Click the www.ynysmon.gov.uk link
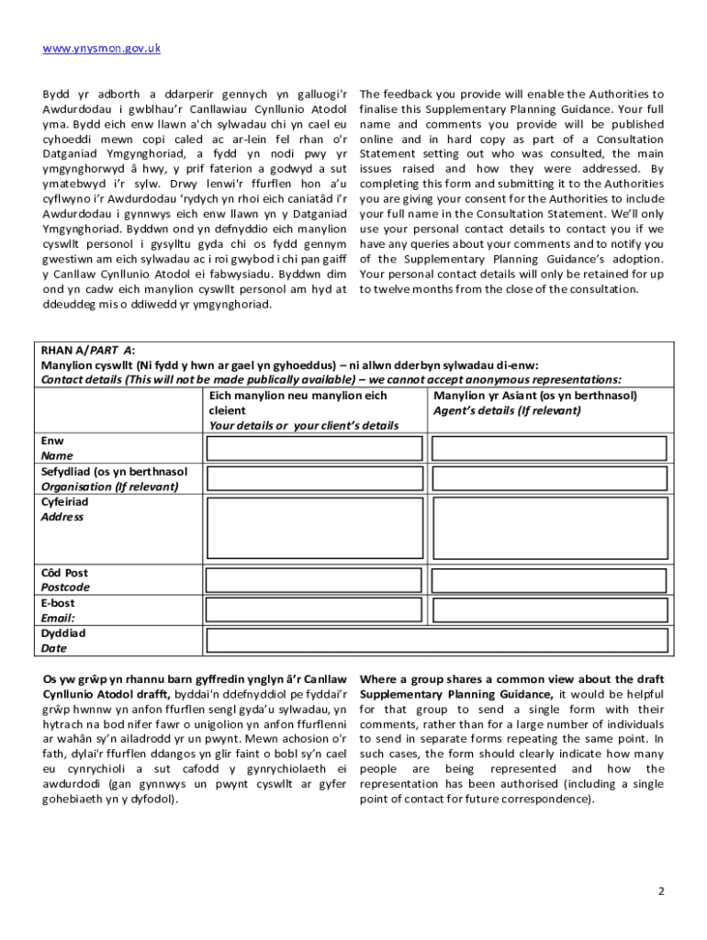(101, 48)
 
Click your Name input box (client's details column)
(317, 448)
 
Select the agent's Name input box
(549, 448)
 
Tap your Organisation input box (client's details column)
(317, 479)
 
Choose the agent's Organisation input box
(549, 479)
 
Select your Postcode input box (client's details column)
(317, 580)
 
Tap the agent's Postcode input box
(549, 580)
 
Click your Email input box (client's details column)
(317, 610)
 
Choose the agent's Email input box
(549, 610)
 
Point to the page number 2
(661, 892)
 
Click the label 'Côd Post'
(64, 573)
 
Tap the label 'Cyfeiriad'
(64, 502)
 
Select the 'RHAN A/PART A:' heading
(88, 350)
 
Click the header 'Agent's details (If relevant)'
(507, 410)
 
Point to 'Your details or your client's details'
(304, 426)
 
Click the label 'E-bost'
(58, 603)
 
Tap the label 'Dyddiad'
(63, 633)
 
